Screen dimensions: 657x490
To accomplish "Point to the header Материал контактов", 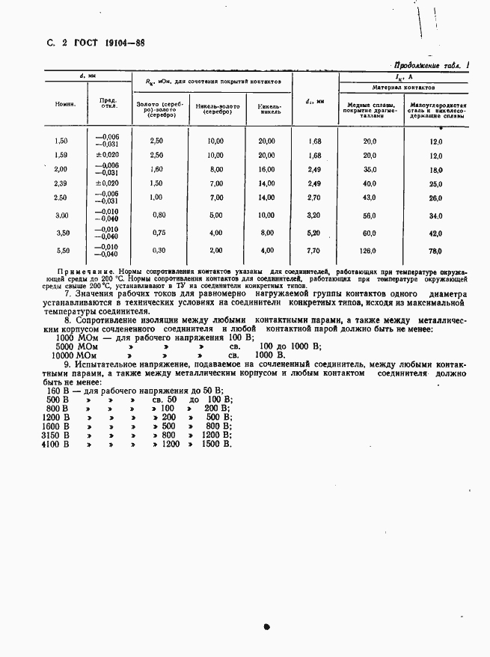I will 403,88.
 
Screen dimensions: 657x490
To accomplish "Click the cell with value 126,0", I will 370,251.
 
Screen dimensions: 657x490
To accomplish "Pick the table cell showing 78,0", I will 435,251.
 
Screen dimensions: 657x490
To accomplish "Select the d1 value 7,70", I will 313,251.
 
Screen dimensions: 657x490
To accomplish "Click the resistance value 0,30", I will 156,251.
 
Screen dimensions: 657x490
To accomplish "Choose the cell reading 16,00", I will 266,170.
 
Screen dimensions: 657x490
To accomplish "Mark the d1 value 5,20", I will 313,233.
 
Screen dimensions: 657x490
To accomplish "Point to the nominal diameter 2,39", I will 61,183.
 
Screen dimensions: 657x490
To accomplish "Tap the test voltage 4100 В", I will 56,444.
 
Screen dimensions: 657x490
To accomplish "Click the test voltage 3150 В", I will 56,435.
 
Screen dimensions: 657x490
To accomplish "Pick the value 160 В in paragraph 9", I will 58,390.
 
